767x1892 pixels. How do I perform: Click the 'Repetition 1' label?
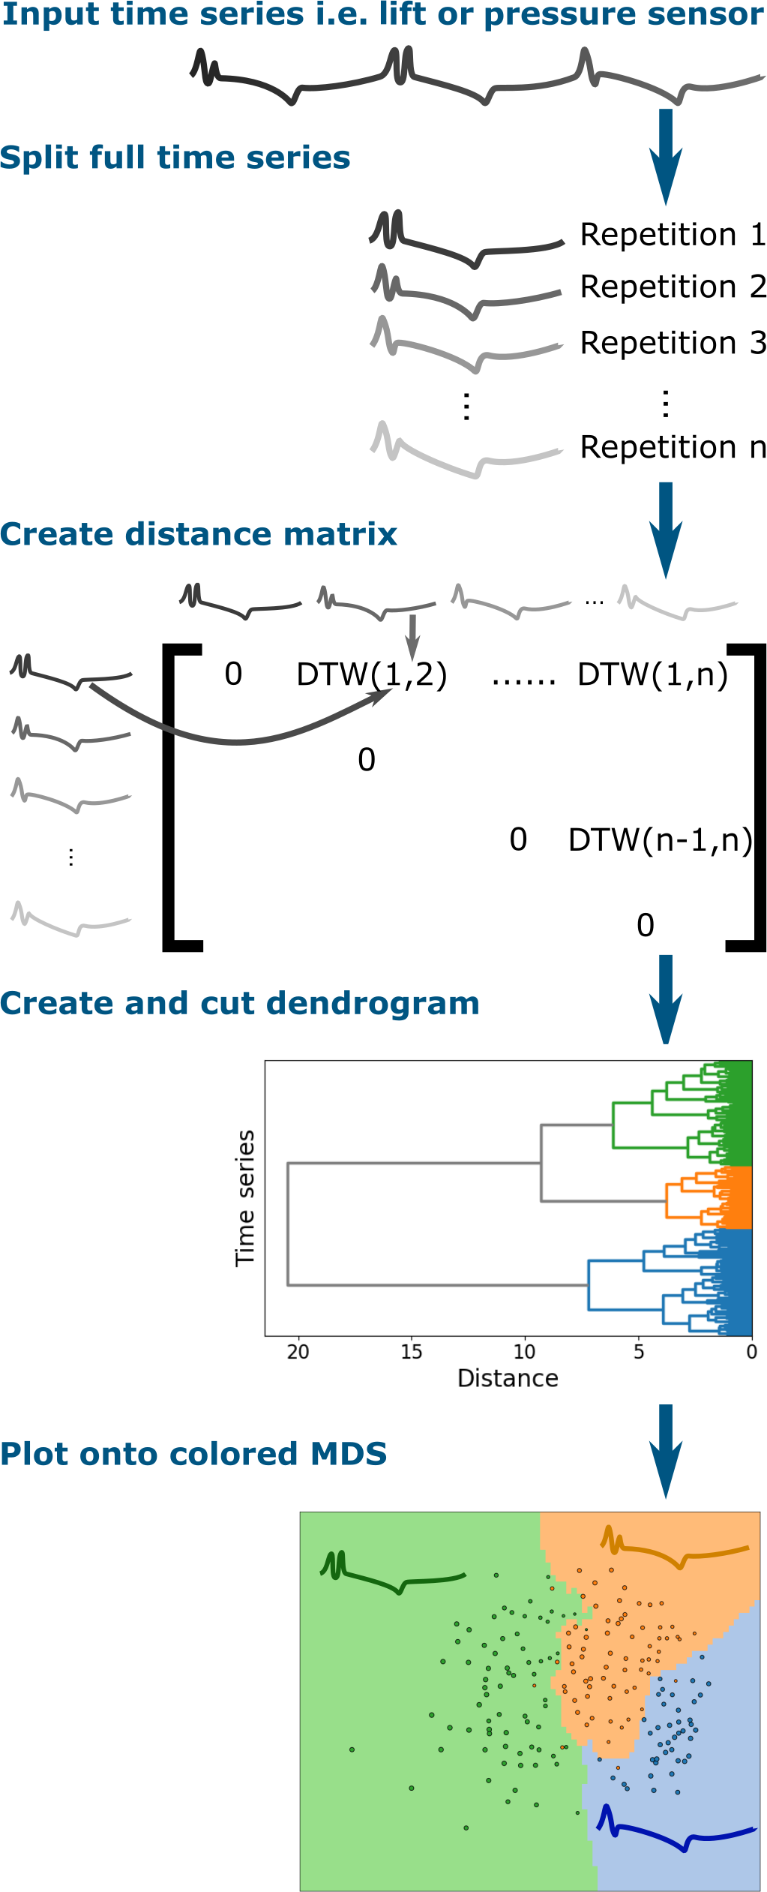673,235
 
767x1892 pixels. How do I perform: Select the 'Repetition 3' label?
673,343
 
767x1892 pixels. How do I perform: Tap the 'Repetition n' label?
673,447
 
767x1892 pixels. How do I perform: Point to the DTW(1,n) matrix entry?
652,674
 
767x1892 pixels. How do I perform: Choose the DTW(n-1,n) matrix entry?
660,840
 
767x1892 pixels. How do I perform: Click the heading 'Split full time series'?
175,158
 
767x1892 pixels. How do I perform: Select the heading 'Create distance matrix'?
198,534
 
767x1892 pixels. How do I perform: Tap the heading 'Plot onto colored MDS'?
193,1454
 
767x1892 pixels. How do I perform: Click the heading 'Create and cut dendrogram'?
239,1003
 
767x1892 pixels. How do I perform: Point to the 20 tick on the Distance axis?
298,1352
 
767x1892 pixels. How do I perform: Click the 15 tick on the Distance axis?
411,1352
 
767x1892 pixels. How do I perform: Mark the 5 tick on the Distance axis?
639,1352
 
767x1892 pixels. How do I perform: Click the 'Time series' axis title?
245,1198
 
